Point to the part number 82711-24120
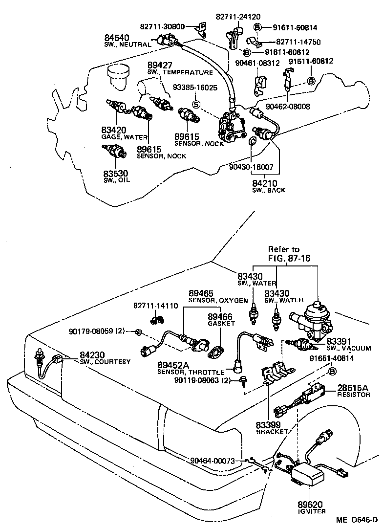237,16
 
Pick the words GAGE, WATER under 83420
118,137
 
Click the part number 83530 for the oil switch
115,174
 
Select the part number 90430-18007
251,167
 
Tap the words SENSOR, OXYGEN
218,300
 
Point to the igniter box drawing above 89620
307,473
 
